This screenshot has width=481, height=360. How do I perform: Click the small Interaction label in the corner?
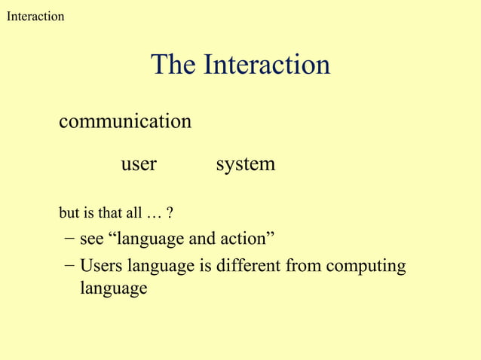pyautogui.click(x=35, y=16)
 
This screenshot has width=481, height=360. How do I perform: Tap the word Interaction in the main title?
pyautogui.click(x=266, y=65)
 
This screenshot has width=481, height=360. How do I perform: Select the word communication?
pyautogui.click(x=124, y=121)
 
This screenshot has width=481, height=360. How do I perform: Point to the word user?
pyautogui.click(x=139, y=164)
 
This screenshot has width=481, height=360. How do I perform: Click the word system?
pyautogui.click(x=245, y=164)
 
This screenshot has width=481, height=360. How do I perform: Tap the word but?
pyautogui.click(x=69, y=215)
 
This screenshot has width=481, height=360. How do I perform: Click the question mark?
pyautogui.click(x=171, y=215)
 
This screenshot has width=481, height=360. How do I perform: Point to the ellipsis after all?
pyautogui.click(x=155, y=215)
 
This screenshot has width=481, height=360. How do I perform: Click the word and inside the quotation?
pyautogui.click(x=203, y=239)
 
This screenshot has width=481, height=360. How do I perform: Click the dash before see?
pyautogui.click(x=69, y=239)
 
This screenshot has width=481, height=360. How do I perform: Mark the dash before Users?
pyautogui.click(x=69, y=266)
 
